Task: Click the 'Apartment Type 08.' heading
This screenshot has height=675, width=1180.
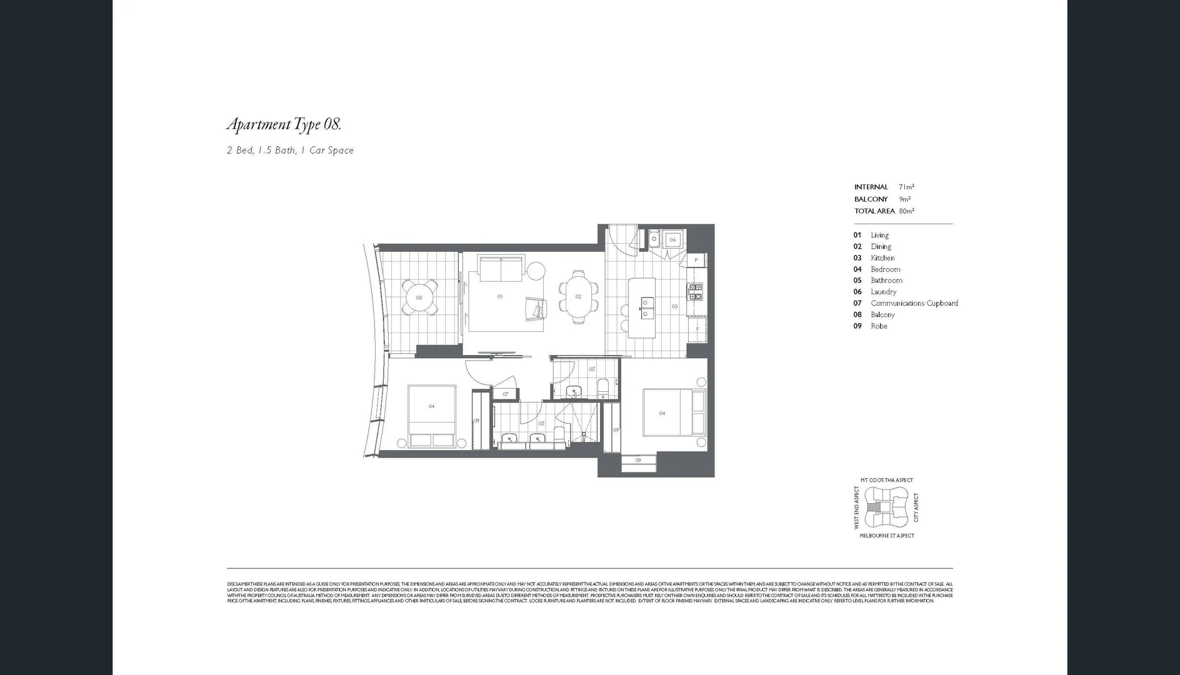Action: (284, 124)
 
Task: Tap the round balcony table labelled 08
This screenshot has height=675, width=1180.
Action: (419, 297)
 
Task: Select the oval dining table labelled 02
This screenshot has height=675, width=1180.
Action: (578, 297)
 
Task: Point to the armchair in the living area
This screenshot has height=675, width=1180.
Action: (535, 308)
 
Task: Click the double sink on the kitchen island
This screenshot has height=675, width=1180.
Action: (644, 303)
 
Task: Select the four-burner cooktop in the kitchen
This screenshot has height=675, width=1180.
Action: (695, 292)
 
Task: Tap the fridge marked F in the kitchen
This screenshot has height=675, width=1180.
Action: (697, 329)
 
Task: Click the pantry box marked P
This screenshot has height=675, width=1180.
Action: (696, 260)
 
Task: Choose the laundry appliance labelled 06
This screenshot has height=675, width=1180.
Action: (672, 239)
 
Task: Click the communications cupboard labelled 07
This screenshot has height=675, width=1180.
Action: (506, 394)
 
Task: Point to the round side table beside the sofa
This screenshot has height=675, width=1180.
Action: (536, 270)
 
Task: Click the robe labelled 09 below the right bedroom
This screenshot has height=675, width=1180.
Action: (638, 461)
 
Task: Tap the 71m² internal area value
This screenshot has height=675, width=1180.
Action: (906, 187)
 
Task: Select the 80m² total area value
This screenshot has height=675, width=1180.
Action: (906, 211)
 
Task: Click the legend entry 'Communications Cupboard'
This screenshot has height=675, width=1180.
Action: (914, 303)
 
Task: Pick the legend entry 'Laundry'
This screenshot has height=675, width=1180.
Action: (883, 292)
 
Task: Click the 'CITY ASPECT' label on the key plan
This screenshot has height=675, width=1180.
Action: (916, 507)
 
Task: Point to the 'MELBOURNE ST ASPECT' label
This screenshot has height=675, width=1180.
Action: (886, 536)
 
